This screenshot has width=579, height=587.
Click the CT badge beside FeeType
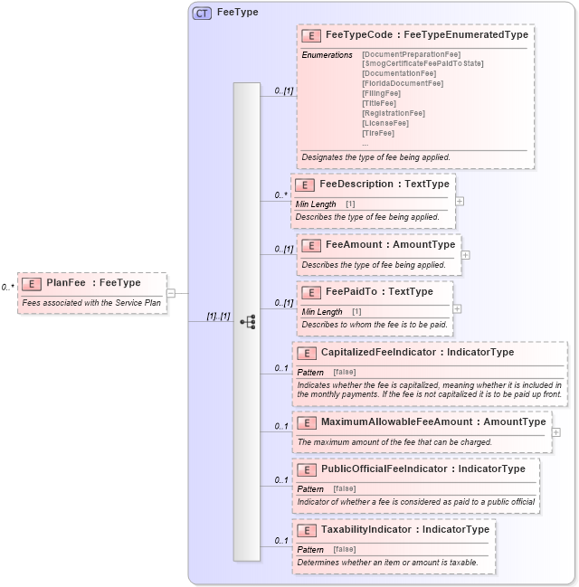pos(202,13)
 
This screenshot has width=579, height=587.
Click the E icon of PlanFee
pos(32,283)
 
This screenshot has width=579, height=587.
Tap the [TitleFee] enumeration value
pos(379,103)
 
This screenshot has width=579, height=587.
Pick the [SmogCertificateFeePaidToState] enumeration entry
pos(422,63)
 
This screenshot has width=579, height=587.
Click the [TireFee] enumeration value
pos(378,133)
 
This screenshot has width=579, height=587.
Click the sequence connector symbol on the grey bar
pos(247,321)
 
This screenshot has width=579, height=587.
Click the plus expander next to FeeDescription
pos(460,202)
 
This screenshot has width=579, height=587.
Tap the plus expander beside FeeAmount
pos(466,255)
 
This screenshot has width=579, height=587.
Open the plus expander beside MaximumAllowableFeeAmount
pos(555,432)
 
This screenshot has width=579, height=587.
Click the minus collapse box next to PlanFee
pos(171,292)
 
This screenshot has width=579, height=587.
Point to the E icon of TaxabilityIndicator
pos(306,530)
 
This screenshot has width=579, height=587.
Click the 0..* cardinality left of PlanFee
pos(8,287)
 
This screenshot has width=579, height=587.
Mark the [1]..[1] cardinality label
pos(218,317)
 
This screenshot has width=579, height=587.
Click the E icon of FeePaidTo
pos(311,292)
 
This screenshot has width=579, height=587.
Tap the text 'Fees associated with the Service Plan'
pos(90,302)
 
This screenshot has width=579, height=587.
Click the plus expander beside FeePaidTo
pos(457,308)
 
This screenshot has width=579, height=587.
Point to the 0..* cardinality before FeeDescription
pos(281,194)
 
